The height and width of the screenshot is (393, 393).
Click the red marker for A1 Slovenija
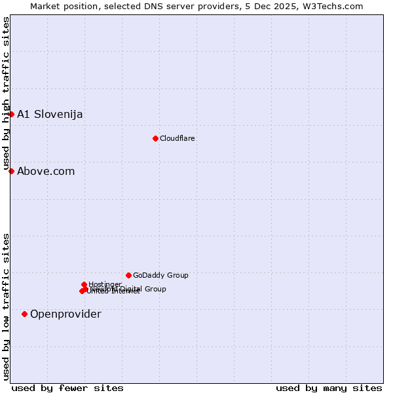(x=11, y=114)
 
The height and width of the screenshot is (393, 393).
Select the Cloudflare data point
(x=155, y=138)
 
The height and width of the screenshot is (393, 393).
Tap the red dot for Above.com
(x=11, y=171)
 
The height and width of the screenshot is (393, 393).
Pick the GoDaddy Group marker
(x=128, y=275)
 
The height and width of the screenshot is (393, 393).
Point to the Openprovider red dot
(x=25, y=314)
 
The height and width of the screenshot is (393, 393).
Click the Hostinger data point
(x=84, y=284)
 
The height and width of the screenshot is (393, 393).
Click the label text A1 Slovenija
(x=50, y=114)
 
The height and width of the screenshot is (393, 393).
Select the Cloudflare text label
(x=178, y=138)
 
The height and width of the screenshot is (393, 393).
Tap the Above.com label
(x=46, y=171)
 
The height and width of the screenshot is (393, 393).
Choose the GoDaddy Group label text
(x=160, y=275)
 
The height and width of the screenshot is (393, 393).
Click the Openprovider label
(x=65, y=314)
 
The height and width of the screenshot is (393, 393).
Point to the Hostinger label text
(x=105, y=284)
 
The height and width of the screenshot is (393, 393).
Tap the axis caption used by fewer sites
(x=67, y=388)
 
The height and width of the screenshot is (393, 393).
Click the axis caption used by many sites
(x=329, y=388)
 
